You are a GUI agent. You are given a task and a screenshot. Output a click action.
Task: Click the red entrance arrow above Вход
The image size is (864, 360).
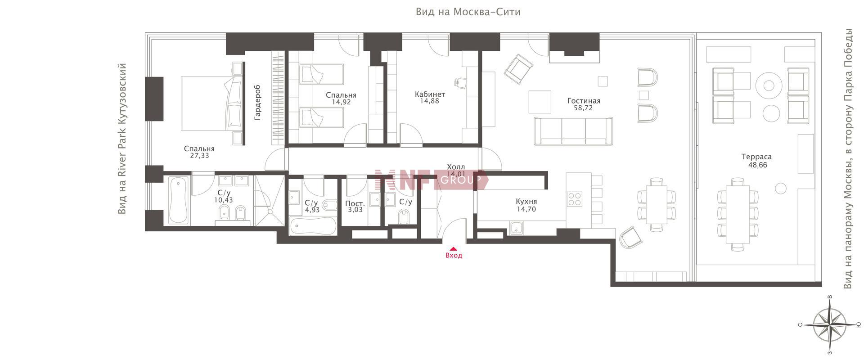click(x=454, y=248)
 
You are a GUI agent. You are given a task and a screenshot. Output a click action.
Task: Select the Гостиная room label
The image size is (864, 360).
click(x=584, y=101)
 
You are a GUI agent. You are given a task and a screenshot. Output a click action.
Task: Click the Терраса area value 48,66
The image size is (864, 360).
click(x=756, y=165)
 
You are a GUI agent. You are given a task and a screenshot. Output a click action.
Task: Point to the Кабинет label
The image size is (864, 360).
click(x=430, y=94)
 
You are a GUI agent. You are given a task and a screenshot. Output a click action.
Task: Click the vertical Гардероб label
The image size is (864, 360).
click(x=257, y=102)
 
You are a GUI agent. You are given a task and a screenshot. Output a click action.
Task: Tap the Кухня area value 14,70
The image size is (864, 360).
click(x=526, y=209)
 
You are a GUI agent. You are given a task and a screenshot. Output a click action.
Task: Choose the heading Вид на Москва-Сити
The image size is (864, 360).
click(x=468, y=12)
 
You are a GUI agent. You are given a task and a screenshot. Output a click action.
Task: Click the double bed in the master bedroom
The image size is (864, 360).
click(x=211, y=103)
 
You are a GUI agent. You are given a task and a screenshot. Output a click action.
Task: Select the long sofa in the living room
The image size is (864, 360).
click(x=574, y=131)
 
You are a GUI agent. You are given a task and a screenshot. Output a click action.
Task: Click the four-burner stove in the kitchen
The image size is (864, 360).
click(x=575, y=199)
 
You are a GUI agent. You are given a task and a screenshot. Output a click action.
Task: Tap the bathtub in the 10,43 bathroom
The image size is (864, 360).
click(x=178, y=201)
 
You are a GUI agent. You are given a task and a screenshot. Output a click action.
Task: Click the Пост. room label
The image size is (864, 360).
click(x=355, y=203)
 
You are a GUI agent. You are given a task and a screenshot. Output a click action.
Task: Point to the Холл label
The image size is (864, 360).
click(x=456, y=167)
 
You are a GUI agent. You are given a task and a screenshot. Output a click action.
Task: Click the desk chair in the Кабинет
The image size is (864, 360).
click(x=461, y=82)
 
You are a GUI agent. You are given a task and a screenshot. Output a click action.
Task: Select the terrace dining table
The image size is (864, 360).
click(x=738, y=214)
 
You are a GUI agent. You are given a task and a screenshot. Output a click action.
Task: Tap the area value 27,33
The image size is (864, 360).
click(x=199, y=156)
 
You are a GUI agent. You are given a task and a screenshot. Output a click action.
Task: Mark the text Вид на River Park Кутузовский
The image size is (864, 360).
click(x=121, y=139)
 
